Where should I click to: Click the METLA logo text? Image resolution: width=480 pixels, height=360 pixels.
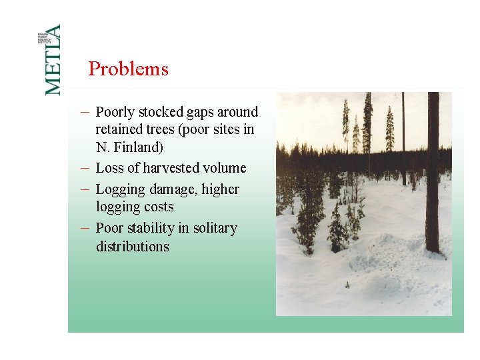pos(53,60)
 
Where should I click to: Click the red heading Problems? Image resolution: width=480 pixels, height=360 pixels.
pos(128,69)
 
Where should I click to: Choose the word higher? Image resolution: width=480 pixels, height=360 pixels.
pos(221,190)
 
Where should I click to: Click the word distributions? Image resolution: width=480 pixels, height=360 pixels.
pos(132,246)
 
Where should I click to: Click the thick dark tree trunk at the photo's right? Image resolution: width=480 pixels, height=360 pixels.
pos(433,173)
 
